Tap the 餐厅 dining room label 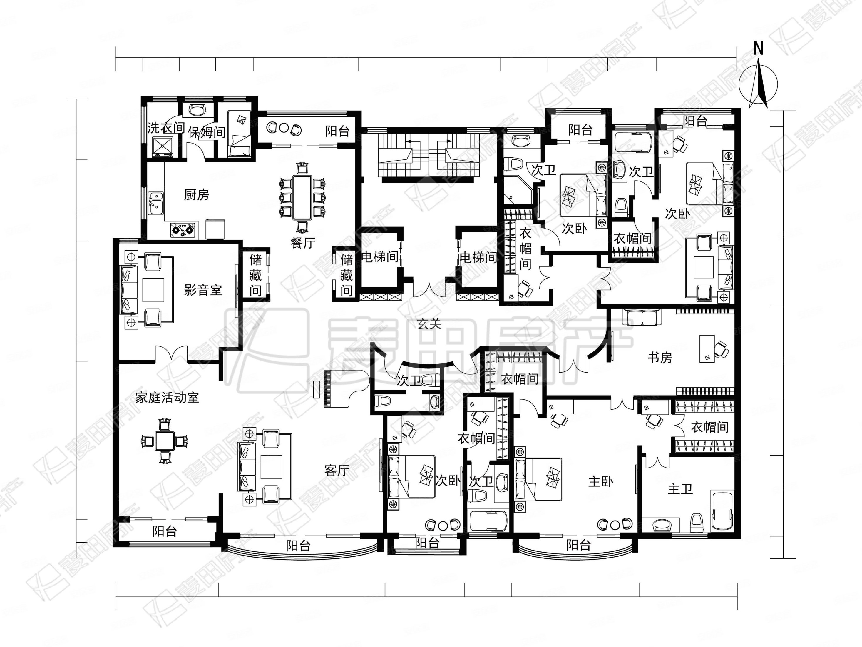303,243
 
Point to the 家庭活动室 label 167,397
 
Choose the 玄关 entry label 429,323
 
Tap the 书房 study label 660,357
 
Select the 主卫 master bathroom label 680,489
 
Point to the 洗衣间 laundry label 166,128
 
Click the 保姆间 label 207,132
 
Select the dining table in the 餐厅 302,198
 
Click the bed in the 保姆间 239,134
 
